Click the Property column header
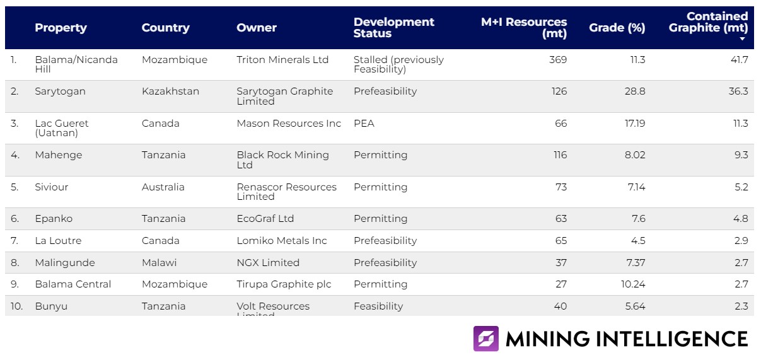61,28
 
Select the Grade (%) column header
617,28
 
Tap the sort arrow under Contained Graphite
742,39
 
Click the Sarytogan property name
60,91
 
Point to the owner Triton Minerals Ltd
282,60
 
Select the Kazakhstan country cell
170,91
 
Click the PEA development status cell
364,124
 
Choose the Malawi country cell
159,262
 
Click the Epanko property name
54,219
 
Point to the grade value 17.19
634,124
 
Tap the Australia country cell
163,187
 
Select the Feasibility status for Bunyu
378,306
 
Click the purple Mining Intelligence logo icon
486,339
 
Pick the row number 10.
16,306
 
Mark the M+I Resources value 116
560,155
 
